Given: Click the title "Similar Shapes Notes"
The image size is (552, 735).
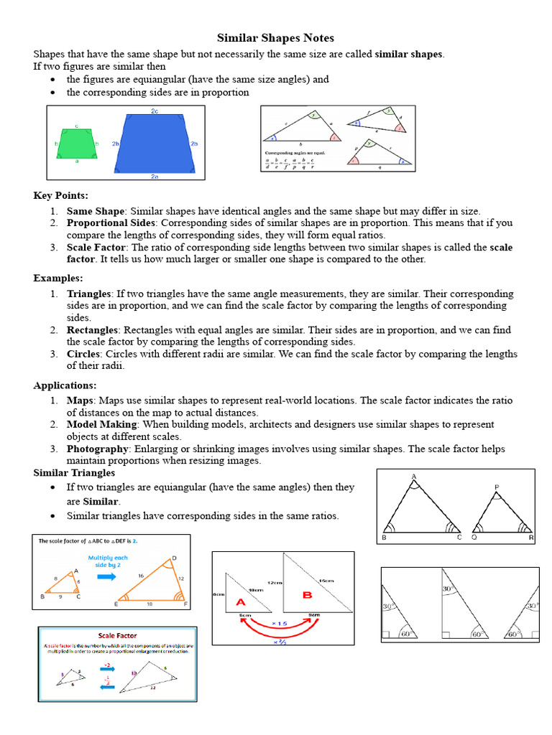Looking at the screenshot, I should coord(276,38).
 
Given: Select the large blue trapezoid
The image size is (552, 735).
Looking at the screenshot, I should coord(155,143).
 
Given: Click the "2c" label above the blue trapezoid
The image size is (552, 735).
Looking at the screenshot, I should coord(155,111).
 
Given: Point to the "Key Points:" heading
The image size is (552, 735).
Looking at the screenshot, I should coord(61,195).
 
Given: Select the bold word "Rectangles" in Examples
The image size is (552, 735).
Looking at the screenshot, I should coord(93,330).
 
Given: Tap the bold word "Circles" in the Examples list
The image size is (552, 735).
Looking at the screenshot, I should coord(83,354).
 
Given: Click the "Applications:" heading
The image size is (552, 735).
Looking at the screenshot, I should coord(65,385).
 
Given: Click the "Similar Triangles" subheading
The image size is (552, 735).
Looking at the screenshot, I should coord(75,473).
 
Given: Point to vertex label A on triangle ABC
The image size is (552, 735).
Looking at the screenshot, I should coord(414,477).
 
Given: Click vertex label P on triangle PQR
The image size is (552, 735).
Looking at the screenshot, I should coord(496,488).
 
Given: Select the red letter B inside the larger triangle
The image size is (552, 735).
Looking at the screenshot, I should coord(308,594).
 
